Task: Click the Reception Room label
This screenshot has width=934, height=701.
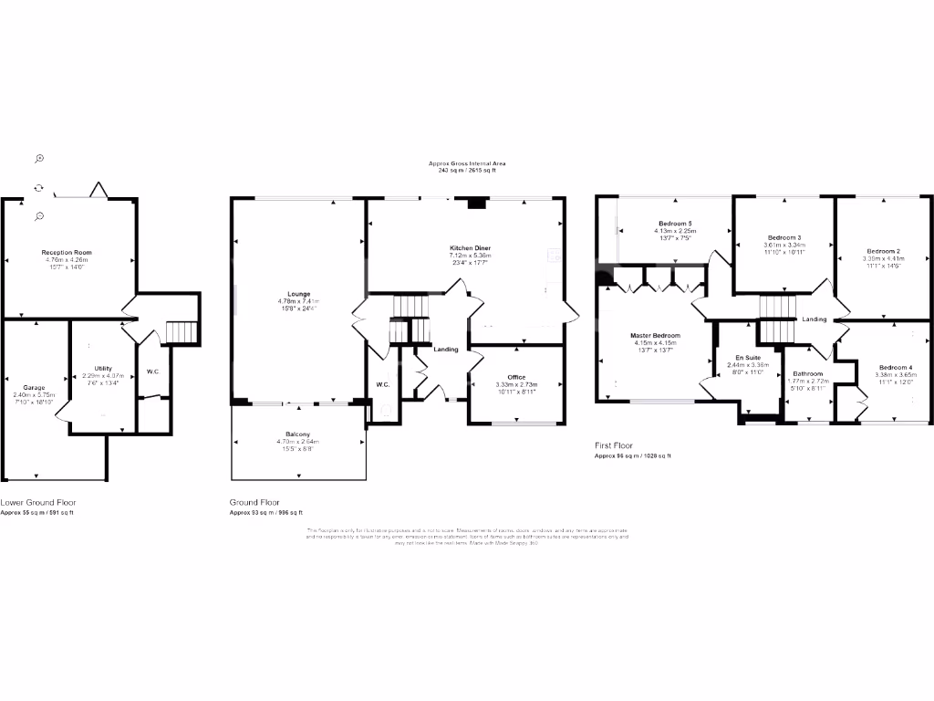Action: click(67, 252)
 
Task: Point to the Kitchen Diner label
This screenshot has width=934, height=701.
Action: click(470, 248)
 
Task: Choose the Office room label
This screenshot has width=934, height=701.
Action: click(516, 377)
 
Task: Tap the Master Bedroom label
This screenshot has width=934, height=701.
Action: click(655, 335)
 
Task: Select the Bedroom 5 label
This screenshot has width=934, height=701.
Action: click(675, 224)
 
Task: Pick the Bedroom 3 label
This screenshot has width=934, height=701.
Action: click(784, 237)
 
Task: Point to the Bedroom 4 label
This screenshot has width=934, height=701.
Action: click(893, 367)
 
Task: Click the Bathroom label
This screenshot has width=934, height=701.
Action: click(807, 373)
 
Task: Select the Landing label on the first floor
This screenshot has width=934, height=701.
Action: click(815, 319)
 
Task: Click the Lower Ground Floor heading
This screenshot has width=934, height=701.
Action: click(38, 502)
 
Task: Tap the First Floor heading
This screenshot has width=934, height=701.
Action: click(617, 445)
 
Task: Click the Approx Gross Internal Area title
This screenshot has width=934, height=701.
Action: click(467, 163)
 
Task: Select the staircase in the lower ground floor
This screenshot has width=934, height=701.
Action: click(183, 332)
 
